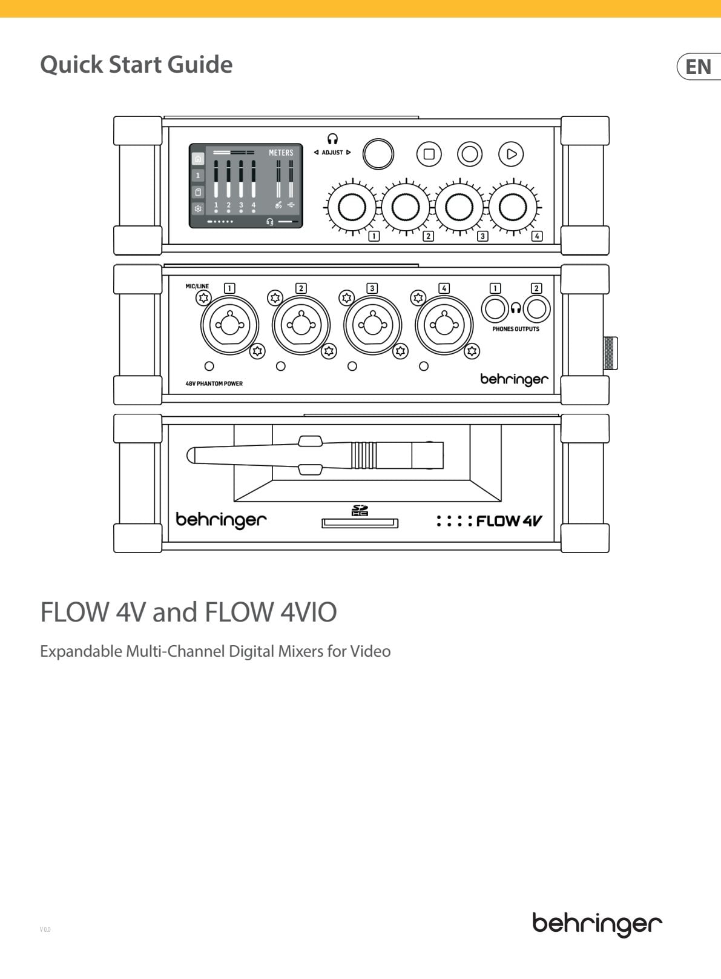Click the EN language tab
(699, 67)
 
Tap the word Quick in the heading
(71, 65)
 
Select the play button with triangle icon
(511, 154)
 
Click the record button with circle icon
(469, 154)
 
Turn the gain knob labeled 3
(459, 207)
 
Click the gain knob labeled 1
(352, 207)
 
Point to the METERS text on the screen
(281, 153)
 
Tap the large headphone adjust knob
(378, 154)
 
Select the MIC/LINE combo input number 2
(301, 325)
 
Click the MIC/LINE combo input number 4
(444, 325)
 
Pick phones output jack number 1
(495, 309)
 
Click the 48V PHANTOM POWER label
(214, 383)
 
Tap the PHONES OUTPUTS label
(516, 329)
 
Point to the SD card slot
(360, 523)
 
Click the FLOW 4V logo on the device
(489, 520)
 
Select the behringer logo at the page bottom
(597, 924)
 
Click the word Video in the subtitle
(370, 651)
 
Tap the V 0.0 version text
(45, 929)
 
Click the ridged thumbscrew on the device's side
(610, 353)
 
